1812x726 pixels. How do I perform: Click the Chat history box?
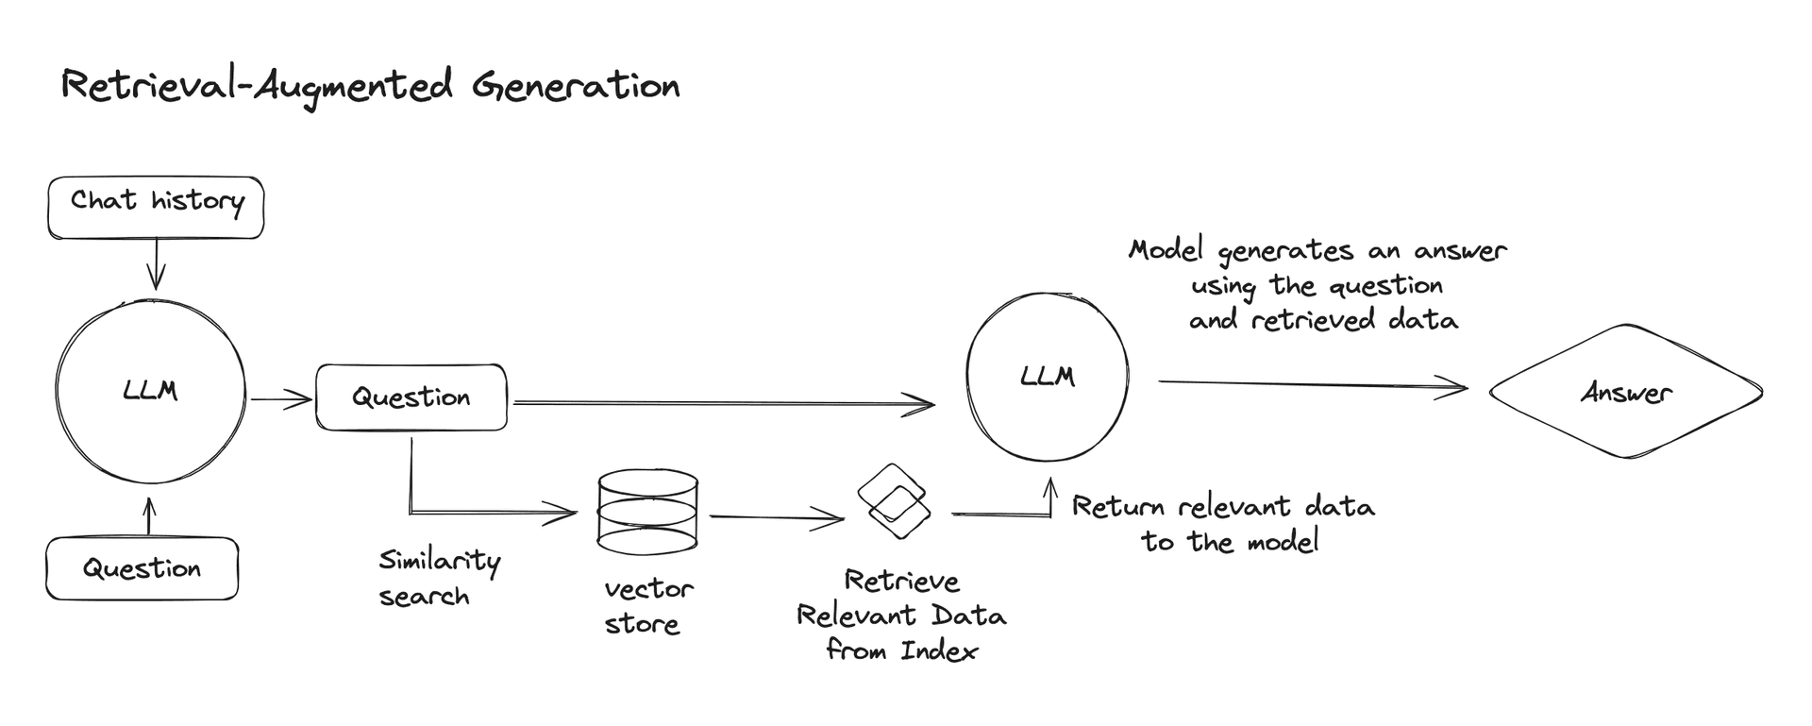tap(156, 207)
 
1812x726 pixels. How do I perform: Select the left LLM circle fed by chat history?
tap(151, 391)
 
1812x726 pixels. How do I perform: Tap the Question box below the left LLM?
tap(142, 568)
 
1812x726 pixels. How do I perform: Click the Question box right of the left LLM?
tap(411, 397)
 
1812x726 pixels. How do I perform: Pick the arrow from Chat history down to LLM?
tap(156, 263)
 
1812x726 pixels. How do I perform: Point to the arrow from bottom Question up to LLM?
tap(147, 517)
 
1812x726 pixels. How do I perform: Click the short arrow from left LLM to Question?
tap(280, 400)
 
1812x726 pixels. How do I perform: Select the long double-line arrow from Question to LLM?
tap(722, 404)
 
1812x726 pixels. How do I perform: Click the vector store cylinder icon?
tap(647, 513)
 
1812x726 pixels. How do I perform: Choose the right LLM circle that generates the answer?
tap(1048, 377)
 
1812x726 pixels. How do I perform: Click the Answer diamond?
tap(1625, 392)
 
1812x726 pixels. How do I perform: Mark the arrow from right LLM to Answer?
tap(1312, 383)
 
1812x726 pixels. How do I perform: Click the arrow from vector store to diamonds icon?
tap(776, 517)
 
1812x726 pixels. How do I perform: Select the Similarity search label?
tap(438, 578)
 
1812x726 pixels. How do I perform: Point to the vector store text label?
tap(647, 606)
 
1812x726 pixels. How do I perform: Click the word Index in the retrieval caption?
tap(939, 650)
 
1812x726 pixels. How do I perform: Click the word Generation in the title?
tap(576, 87)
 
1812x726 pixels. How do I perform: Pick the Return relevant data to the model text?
tap(1224, 523)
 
